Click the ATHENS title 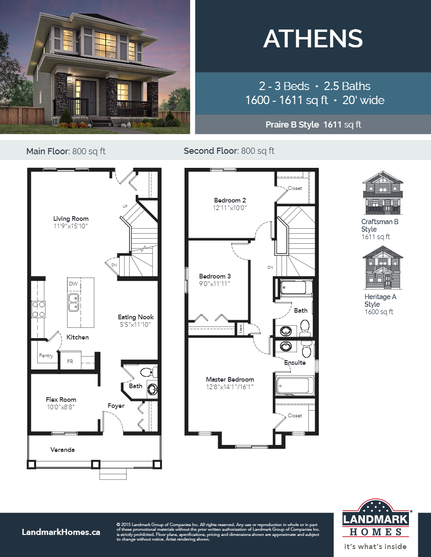313,38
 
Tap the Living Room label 70,219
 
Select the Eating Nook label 136,317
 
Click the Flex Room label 61,399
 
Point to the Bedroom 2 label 230,200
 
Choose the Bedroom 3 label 215,276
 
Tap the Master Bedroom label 230,379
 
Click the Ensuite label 295,362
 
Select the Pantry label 46,356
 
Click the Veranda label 62,450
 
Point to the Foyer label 115,406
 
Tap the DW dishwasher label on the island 73,284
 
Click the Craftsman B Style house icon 383,192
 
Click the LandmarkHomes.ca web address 61,532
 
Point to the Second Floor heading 229,151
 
